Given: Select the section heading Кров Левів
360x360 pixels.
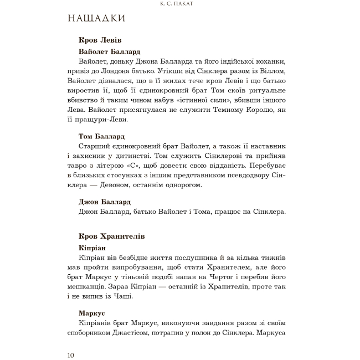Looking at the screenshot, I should pyautogui.click(x=100, y=40).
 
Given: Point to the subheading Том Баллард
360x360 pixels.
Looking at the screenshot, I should pyautogui.click(x=102, y=136).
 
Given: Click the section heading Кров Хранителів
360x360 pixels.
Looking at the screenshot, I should pyautogui.click(x=112, y=236).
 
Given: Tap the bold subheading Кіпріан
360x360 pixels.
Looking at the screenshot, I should pyautogui.click(x=92, y=247).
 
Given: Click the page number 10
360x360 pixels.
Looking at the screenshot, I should pyautogui.click(x=70, y=355).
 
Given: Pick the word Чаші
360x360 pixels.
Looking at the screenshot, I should pyautogui.click(x=140, y=296).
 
